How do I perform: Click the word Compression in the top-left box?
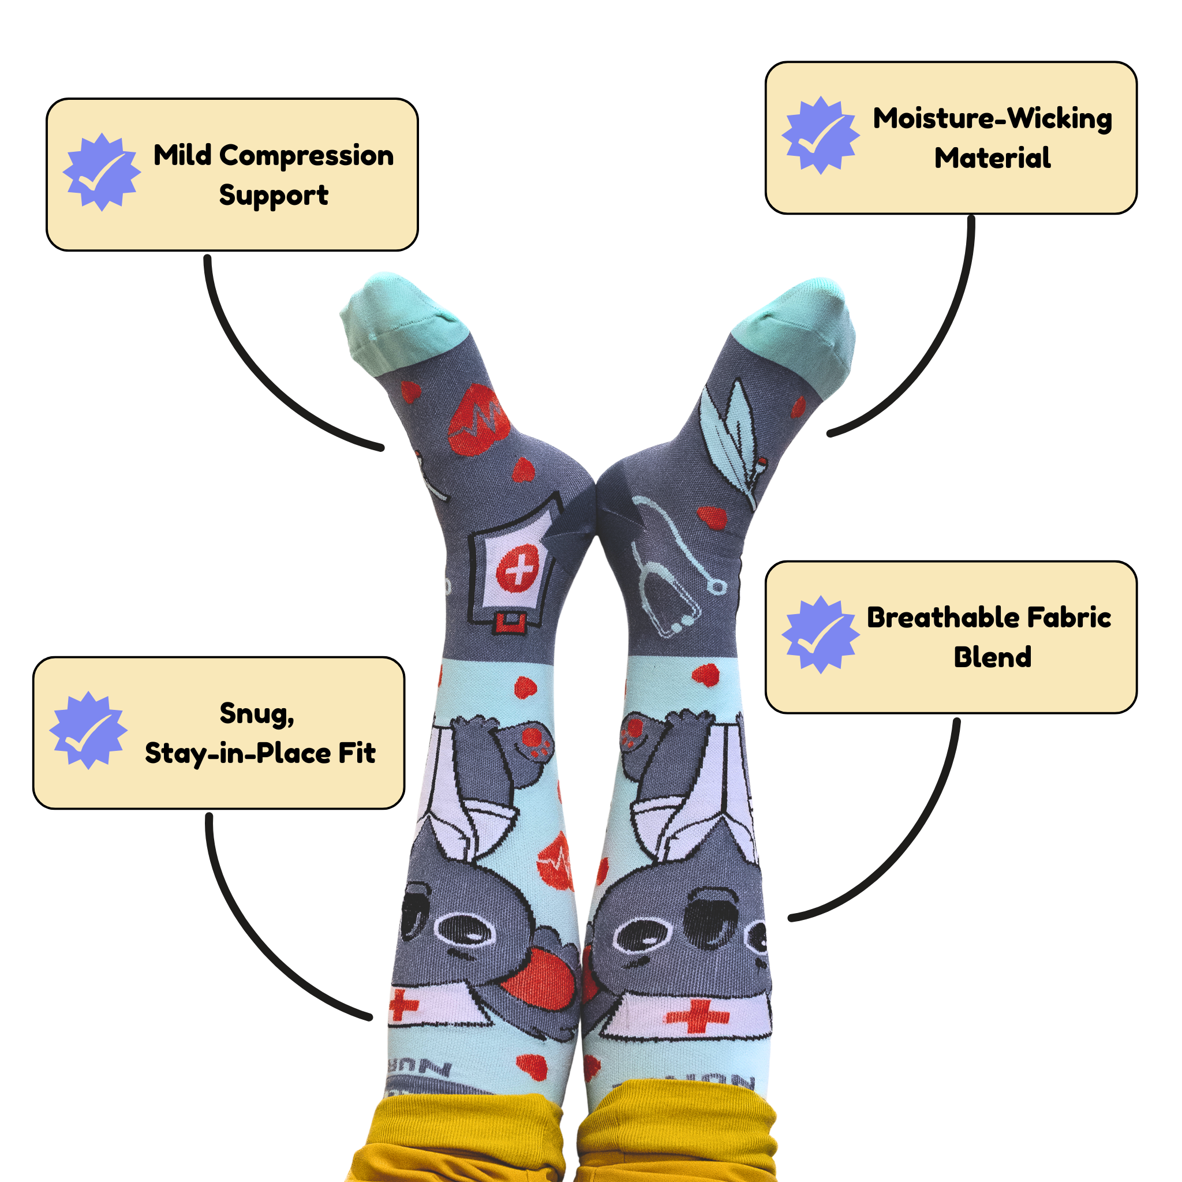click(306, 156)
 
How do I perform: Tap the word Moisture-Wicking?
click(992, 119)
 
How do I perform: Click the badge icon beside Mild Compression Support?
click(102, 172)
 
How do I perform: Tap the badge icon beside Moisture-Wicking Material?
click(821, 135)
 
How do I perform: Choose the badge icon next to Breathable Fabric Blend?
click(821, 634)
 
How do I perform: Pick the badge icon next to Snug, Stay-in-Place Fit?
click(89, 731)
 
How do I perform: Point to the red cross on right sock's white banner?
click(697, 1016)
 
